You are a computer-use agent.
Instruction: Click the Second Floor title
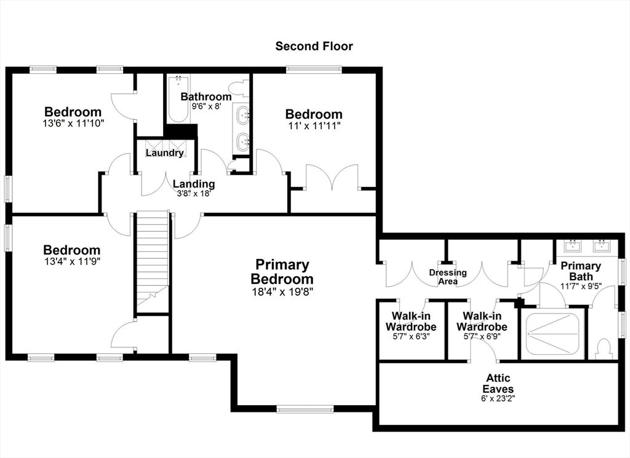click(314, 46)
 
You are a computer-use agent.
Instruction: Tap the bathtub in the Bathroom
click(178, 99)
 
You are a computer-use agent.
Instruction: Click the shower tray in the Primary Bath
click(552, 334)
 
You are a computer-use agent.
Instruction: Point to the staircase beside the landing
click(153, 261)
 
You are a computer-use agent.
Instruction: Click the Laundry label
click(164, 153)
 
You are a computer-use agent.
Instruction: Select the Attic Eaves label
click(498, 384)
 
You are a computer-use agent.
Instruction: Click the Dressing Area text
click(448, 277)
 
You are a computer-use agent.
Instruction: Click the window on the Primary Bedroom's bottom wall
click(305, 409)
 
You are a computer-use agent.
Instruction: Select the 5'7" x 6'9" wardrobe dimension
click(482, 337)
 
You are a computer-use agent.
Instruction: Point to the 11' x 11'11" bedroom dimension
click(314, 125)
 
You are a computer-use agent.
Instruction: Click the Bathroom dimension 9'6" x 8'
click(206, 106)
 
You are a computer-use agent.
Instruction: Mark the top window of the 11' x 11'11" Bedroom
click(314, 69)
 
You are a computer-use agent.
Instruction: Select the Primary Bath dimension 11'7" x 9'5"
click(581, 286)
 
